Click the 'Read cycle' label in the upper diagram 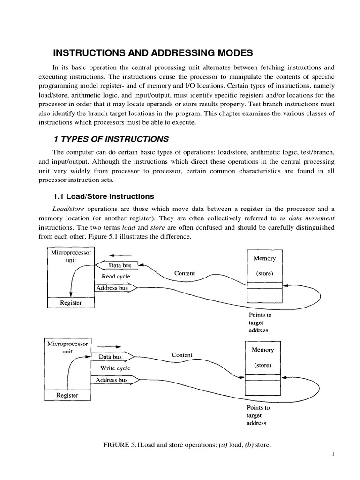[112, 277]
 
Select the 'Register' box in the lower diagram [67, 395]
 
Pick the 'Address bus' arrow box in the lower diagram [112, 380]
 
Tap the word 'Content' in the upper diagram [184, 273]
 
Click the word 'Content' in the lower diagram [182, 355]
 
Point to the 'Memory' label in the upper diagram [264, 258]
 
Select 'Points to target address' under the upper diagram [259, 322]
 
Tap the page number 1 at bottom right [345, 454]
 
